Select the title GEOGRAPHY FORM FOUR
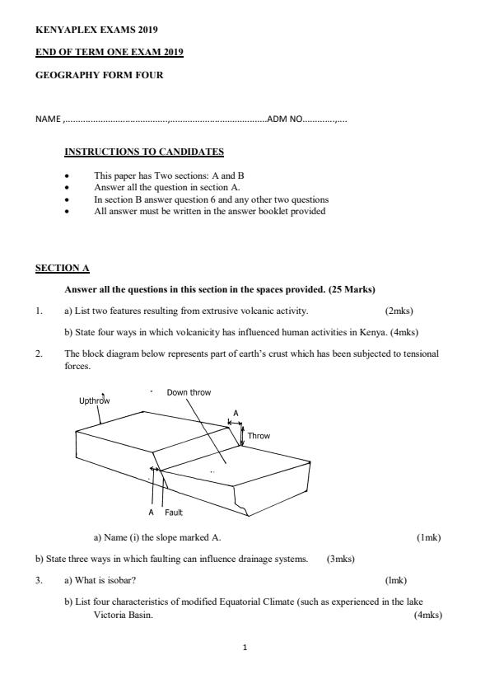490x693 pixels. (99, 75)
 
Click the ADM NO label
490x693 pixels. (285, 119)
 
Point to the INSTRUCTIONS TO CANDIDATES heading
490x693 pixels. (144, 152)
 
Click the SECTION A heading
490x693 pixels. (62, 269)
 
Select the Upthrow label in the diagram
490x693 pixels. (94, 401)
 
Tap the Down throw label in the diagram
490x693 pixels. (189, 392)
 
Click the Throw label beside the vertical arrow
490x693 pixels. (259, 436)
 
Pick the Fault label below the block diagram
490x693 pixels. (174, 513)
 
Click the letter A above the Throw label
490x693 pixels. (236, 413)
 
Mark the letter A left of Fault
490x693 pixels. (152, 513)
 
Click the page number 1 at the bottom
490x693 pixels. (245, 648)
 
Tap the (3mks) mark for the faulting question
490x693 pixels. (341, 559)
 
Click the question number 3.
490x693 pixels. (38, 580)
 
